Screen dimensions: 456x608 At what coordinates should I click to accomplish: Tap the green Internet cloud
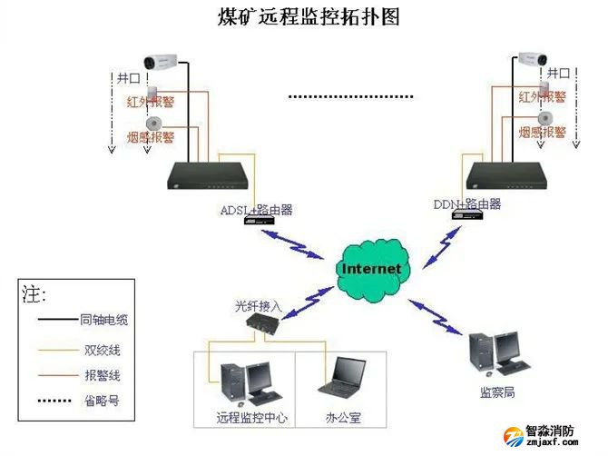[371, 269]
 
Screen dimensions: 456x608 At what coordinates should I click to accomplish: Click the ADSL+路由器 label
[256, 210]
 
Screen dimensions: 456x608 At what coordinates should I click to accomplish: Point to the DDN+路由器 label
[466, 204]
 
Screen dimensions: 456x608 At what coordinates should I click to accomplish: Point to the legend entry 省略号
[99, 401]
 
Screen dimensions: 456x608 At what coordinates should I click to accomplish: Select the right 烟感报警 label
[543, 133]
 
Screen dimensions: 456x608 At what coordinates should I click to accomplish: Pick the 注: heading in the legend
[34, 292]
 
